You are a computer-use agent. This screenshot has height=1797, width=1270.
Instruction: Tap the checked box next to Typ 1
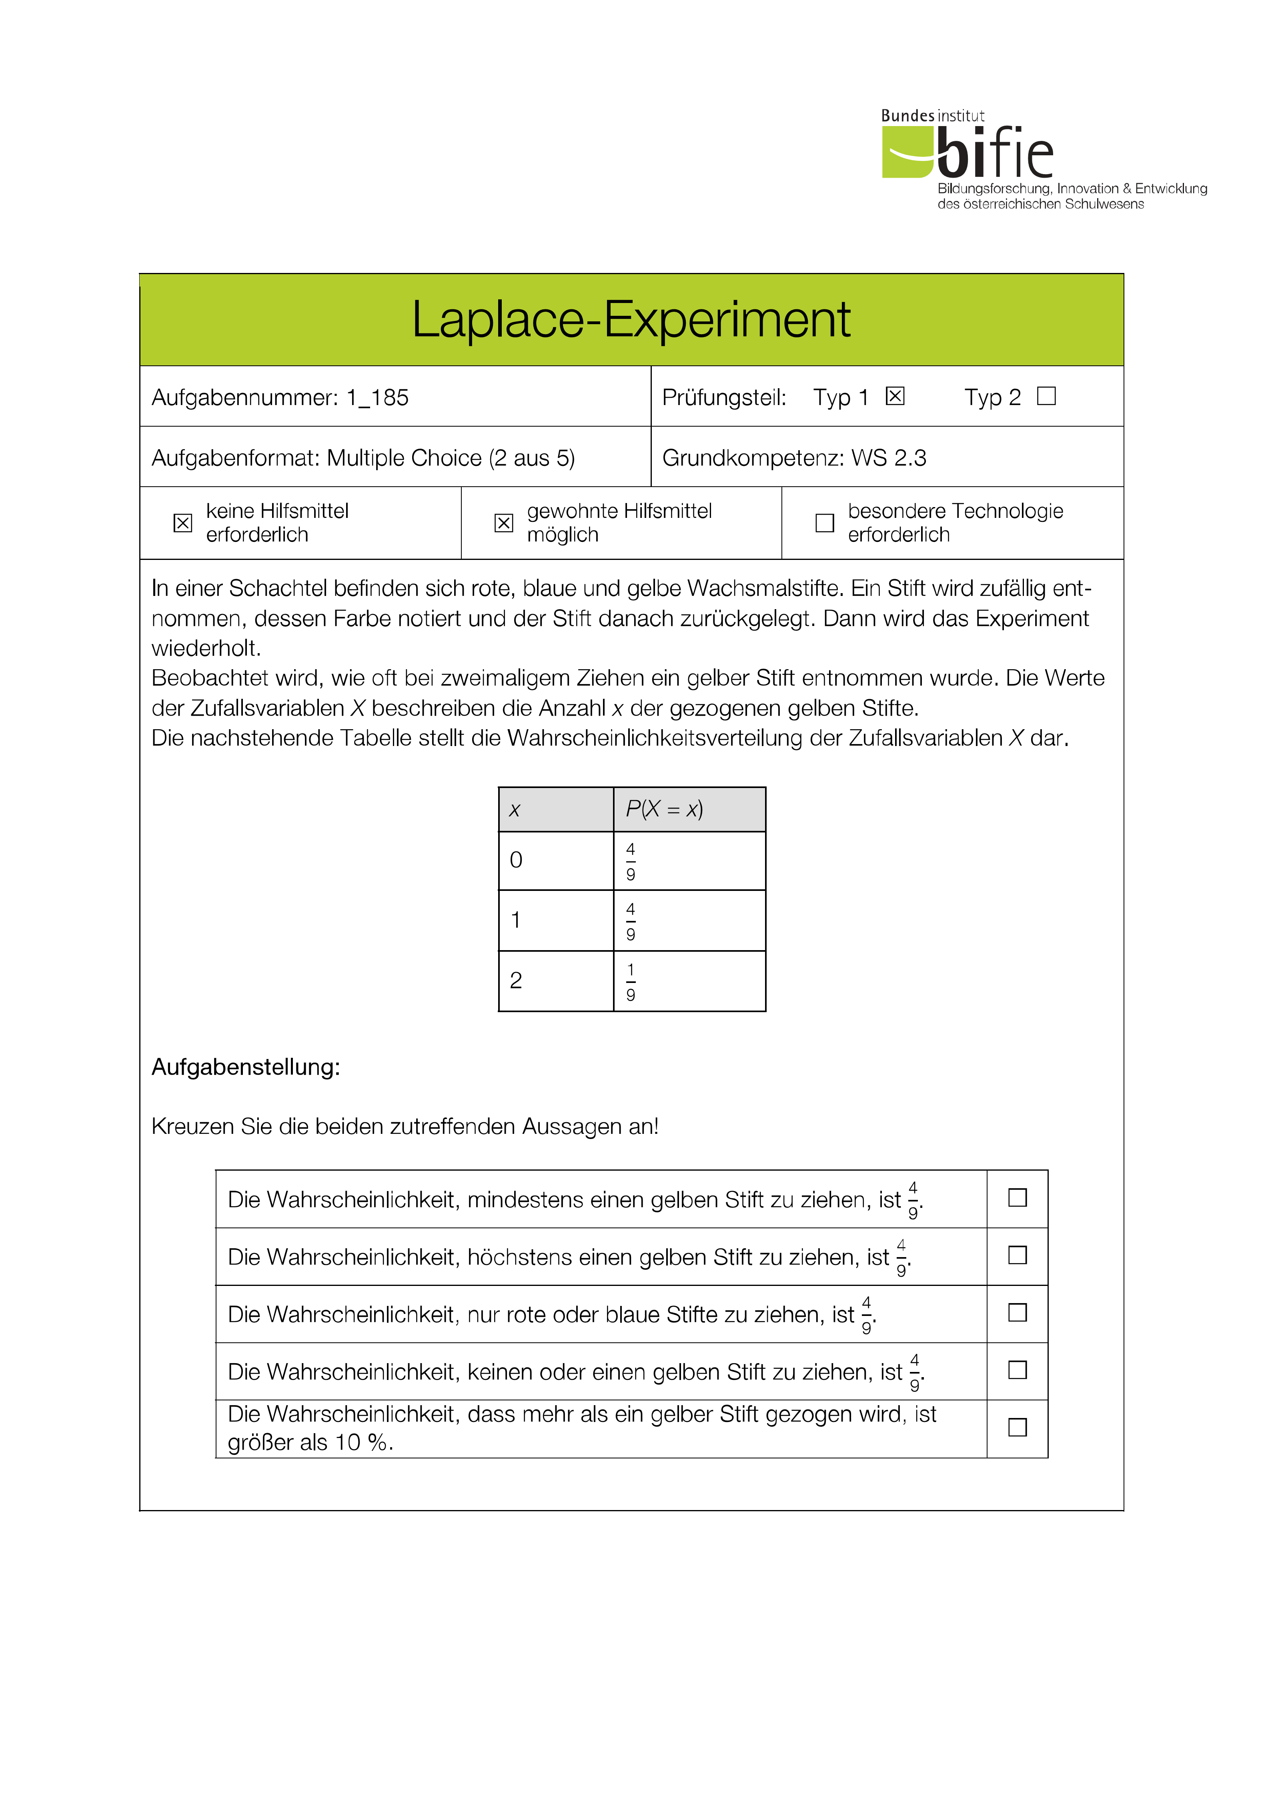pyautogui.click(x=895, y=396)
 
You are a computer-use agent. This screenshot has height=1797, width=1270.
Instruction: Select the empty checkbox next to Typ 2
pyautogui.click(x=1046, y=396)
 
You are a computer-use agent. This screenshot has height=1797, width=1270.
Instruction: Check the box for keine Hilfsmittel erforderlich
pyautogui.click(x=182, y=523)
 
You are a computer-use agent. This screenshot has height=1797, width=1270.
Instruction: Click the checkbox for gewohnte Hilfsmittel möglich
pyautogui.click(x=504, y=523)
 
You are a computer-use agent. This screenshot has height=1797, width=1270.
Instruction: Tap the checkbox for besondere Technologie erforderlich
pyautogui.click(x=825, y=523)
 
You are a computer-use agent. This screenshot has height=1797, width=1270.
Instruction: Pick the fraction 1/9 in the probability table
pyautogui.click(x=631, y=981)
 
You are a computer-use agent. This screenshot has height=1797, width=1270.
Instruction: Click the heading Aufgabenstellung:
pyautogui.click(x=246, y=1067)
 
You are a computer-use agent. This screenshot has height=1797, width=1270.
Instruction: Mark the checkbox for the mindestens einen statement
pyautogui.click(x=1017, y=1197)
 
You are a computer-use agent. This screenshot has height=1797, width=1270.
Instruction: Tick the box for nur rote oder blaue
pyautogui.click(x=1017, y=1312)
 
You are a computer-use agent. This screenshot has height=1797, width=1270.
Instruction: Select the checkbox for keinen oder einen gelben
pyautogui.click(x=1017, y=1370)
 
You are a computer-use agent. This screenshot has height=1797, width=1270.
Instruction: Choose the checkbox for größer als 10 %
pyautogui.click(x=1017, y=1427)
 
